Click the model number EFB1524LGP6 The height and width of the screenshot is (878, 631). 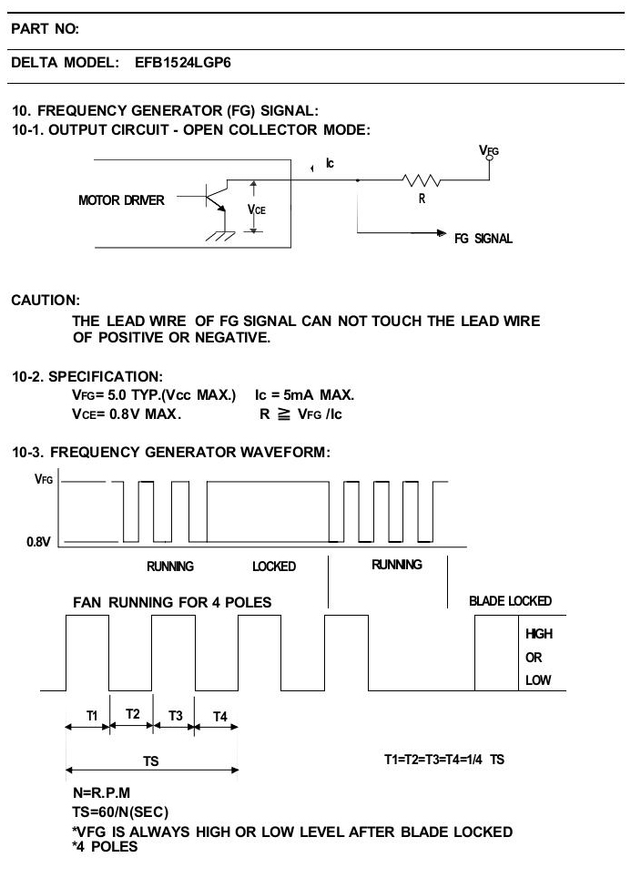pos(182,62)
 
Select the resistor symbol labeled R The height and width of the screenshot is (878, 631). pos(421,180)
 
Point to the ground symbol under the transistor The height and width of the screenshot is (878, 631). pos(220,235)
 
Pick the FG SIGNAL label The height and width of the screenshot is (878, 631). pos(483,239)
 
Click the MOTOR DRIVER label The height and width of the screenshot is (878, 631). pos(121,199)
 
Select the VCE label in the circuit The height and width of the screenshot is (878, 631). pos(257,209)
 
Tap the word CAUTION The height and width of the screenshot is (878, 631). pos(46,301)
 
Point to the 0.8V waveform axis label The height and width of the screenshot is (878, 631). pos(38,542)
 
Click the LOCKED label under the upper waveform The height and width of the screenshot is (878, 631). pos(274,567)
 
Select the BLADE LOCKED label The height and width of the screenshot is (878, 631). pos(510,601)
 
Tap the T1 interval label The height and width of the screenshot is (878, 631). pos(92,716)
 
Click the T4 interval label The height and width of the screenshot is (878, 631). pos(220,716)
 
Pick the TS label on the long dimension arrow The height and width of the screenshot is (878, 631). pos(150,761)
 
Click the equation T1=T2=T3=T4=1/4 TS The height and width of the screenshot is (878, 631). pos(444,760)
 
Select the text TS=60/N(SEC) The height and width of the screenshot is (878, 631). pos(120,812)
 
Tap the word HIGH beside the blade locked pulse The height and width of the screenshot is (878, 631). pos(539,633)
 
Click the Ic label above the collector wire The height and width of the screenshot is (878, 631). pos(330,163)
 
